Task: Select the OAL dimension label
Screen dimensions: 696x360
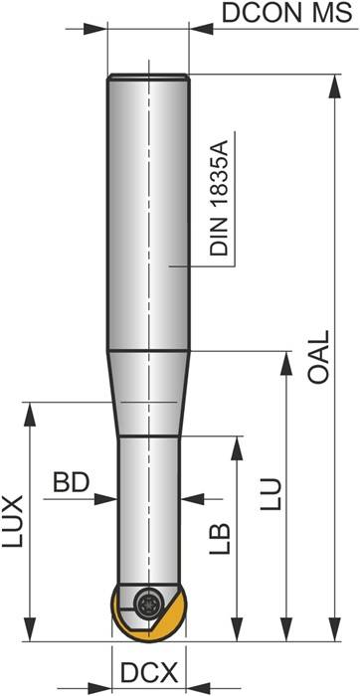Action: click(x=319, y=358)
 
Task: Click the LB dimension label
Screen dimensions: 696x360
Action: click(x=221, y=537)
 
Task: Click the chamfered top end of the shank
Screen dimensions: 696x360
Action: click(x=148, y=77)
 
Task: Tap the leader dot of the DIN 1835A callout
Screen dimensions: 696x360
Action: click(x=170, y=265)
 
